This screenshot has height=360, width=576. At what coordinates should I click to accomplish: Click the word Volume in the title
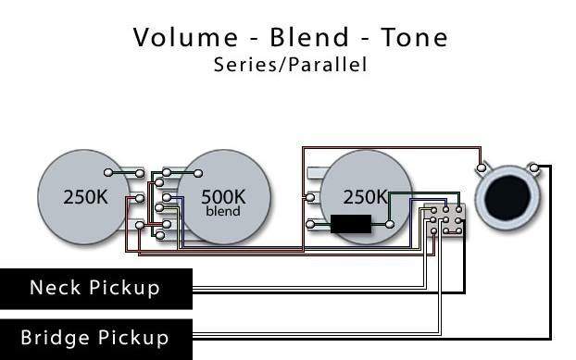(185, 37)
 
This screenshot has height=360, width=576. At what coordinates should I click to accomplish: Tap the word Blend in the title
(309, 37)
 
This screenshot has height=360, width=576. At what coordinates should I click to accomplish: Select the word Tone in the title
(414, 37)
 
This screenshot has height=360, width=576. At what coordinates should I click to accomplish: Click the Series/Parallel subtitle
(290, 64)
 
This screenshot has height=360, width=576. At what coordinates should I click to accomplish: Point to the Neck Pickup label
(94, 288)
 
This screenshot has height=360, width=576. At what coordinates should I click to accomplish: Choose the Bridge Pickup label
(94, 338)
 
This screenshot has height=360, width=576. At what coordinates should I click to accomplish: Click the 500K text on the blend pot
(223, 197)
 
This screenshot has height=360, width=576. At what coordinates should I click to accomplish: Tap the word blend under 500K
(223, 211)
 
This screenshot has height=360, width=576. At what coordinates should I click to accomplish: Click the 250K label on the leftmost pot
(85, 197)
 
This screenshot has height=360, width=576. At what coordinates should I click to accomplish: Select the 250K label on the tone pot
(366, 197)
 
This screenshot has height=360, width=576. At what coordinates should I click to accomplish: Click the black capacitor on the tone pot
(351, 224)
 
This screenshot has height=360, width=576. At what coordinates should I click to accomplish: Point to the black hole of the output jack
(507, 197)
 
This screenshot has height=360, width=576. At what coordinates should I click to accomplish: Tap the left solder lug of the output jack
(482, 168)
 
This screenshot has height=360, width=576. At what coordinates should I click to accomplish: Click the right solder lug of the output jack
(534, 168)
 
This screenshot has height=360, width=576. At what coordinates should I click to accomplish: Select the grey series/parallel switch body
(445, 220)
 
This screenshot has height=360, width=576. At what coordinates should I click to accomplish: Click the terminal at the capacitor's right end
(390, 224)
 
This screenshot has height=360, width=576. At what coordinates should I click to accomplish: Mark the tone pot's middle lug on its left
(310, 197)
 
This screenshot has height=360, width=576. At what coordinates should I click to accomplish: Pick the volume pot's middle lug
(140, 199)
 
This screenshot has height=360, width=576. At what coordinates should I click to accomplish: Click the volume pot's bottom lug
(140, 225)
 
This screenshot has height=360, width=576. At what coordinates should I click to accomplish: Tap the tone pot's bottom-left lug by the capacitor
(310, 224)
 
